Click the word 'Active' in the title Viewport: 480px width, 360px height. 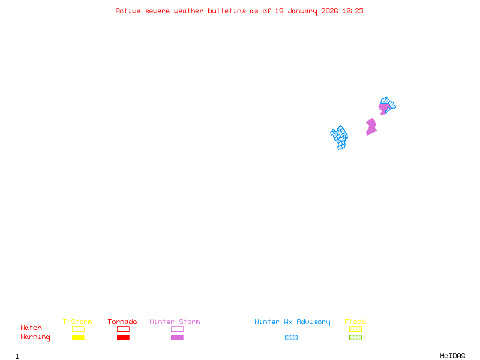[128, 11]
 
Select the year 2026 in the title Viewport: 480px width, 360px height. [329, 11]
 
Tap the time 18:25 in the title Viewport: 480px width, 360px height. [353, 11]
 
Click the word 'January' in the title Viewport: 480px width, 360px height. [302, 11]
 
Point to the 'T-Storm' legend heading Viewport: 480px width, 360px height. [77, 322]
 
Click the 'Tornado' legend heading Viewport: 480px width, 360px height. [122, 322]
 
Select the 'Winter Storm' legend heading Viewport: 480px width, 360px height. [175, 322]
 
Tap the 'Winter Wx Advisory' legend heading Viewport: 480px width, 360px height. [292, 322]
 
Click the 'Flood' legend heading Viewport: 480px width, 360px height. [355, 322]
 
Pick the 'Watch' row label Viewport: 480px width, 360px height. [31, 328]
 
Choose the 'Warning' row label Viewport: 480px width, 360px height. [35, 337]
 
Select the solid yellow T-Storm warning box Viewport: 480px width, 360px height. [79, 337]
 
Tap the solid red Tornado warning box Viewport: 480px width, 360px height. [124, 337]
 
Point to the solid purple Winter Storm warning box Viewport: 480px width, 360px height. [177, 337]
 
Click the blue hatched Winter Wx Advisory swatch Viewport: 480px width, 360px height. [291, 337]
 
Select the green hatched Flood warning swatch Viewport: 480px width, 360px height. [355, 337]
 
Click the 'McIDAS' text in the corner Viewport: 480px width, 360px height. [452, 356]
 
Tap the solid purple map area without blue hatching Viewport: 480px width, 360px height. [371, 127]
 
